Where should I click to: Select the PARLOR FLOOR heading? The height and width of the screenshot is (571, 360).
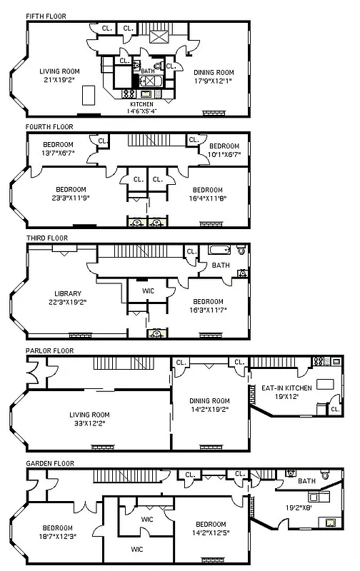[x=49, y=350]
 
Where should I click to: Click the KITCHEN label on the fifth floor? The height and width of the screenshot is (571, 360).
[x=141, y=104]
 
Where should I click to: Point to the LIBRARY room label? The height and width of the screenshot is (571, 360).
[x=68, y=293]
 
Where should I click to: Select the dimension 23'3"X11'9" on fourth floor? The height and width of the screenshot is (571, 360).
[x=71, y=198]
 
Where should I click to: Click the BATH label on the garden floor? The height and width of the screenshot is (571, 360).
[x=306, y=481]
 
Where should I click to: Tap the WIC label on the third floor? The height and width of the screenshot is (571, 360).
[x=149, y=291]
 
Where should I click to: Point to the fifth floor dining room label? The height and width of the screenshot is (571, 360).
[x=214, y=71]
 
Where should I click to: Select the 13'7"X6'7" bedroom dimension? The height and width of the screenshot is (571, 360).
[x=53, y=153]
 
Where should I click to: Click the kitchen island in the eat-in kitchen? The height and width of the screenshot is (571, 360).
[x=325, y=384]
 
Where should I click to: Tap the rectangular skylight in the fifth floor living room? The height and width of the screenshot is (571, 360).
[x=89, y=95]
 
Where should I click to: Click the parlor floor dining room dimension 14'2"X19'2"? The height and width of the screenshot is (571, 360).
[x=209, y=409]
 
